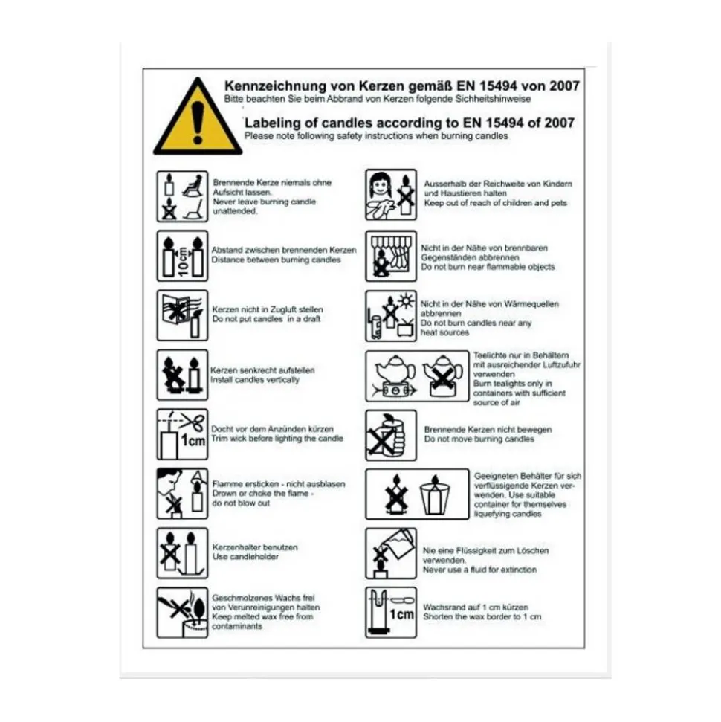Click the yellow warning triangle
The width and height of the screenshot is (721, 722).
(x=198, y=119)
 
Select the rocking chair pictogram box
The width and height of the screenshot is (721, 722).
(x=182, y=196)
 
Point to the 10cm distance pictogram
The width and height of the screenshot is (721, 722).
(x=182, y=256)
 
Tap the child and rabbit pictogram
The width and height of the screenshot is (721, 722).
(x=391, y=195)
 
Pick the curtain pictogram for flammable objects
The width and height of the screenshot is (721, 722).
(x=391, y=256)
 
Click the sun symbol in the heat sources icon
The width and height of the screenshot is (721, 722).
(x=406, y=301)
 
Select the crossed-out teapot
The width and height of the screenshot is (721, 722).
(x=442, y=376)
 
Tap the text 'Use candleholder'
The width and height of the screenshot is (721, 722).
(x=245, y=557)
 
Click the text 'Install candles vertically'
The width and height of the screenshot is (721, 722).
(x=255, y=380)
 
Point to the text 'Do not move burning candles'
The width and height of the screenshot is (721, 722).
(x=479, y=439)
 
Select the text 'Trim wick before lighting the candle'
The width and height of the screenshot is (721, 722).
(x=277, y=439)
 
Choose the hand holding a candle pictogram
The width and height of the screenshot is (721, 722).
(x=391, y=435)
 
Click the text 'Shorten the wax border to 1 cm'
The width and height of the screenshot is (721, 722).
(x=482, y=617)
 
